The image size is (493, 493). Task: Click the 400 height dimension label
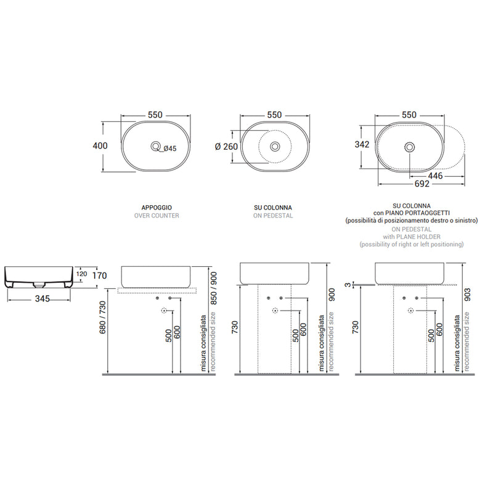(100, 146)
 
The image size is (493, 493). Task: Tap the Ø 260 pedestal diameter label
(226, 147)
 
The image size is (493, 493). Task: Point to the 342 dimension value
(362, 144)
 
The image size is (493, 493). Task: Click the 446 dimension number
(436, 176)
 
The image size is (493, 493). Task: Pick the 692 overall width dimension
(422, 184)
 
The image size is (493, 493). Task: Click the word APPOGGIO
(157, 208)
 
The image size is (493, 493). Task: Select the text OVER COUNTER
(157, 216)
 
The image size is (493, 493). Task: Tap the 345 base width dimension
(42, 299)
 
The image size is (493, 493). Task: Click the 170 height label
(100, 275)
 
